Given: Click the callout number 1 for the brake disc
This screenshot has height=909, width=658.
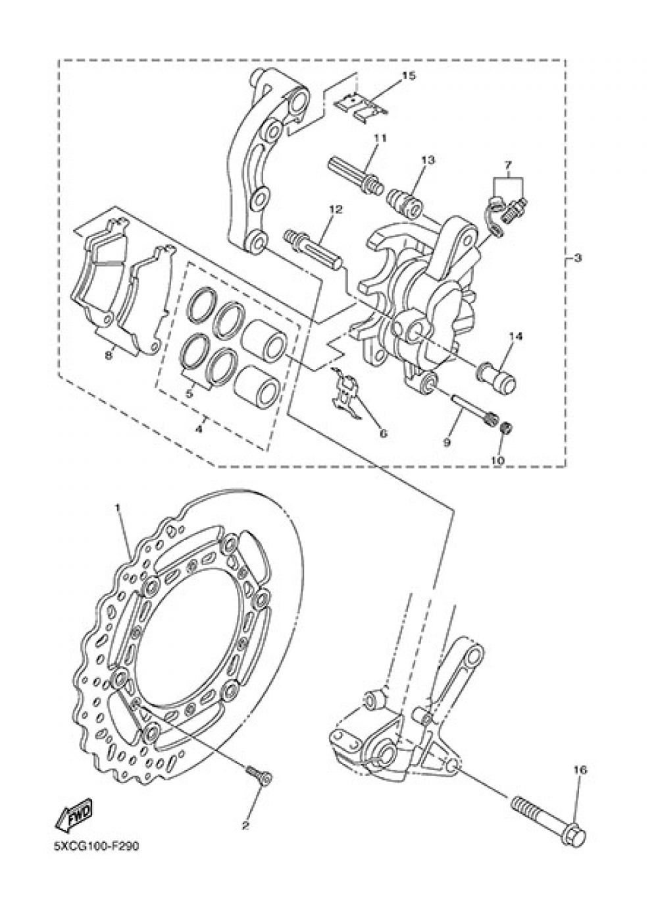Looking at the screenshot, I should tap(118, 508).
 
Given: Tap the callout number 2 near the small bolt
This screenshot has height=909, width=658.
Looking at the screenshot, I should tap(245, 825).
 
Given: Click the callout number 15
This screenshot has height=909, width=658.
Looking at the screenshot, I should tap(409, 76).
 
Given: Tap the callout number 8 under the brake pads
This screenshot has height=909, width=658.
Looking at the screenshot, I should tap(109, 356).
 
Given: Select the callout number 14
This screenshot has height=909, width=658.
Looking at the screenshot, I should tap(515, 337).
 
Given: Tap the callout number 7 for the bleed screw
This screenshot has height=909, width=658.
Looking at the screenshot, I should tap(507, 163).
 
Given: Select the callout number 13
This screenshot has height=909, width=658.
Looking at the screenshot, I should tap(428, 160).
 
